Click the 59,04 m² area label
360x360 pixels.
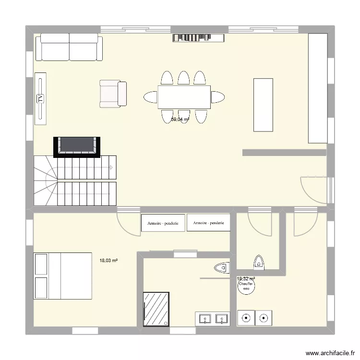point(180,120)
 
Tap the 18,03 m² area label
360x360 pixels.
point(109,261)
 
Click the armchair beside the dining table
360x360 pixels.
point(113,94)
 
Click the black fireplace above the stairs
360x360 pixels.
point(78,146)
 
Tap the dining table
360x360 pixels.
point(184,97)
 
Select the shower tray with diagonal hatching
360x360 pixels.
point(156,309)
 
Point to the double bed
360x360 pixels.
point(62,276)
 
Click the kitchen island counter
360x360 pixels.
point(263,104)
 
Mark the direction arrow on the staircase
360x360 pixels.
point(111,168)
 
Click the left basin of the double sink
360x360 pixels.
point(205,318)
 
